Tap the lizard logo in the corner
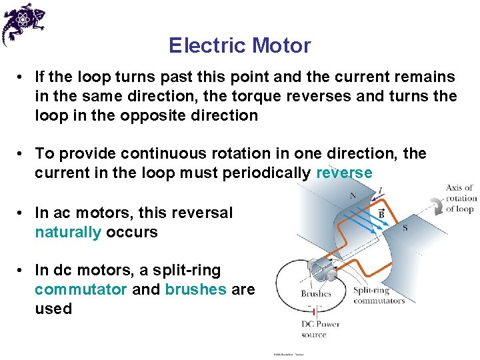[23, 23]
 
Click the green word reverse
[344, 173]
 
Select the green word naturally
[68, 233]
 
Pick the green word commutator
[80, 290]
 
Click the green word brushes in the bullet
[195, 290]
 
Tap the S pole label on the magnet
[405, 228]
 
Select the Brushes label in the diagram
[315, 293]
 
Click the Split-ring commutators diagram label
[378, 295]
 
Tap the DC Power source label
[321, 329]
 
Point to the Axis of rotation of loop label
[460, 199]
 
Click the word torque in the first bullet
[291, 97]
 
